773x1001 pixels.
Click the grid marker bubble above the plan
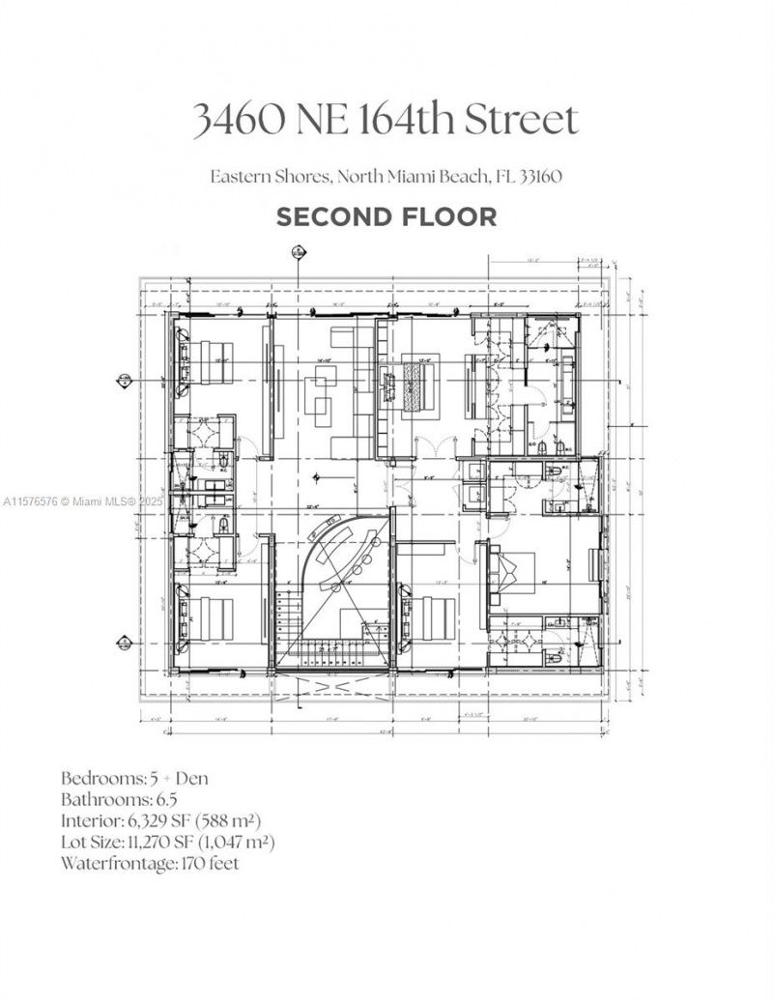[299, 253]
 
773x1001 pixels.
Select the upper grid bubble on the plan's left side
[125, 381]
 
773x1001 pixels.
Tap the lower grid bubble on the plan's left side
[125, 643]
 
